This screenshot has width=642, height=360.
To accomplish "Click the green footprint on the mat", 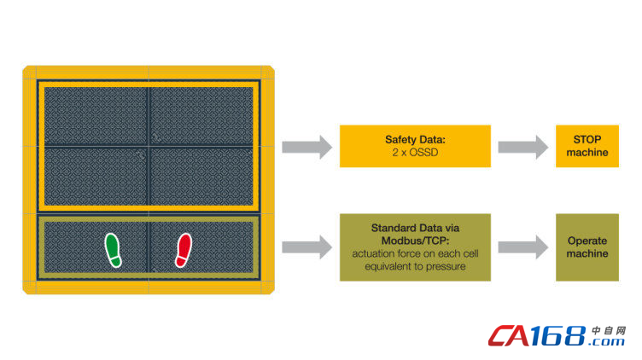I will (113, 249).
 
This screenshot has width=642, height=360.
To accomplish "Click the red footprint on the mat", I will (184, 250).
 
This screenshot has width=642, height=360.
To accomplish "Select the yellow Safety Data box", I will (415, 146).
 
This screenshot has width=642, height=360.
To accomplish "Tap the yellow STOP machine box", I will (587, 146).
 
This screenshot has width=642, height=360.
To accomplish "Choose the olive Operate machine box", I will (587, 247).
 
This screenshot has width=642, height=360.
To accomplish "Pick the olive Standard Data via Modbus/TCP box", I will (415, 247).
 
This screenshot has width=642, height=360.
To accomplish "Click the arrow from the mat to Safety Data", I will (306, 146).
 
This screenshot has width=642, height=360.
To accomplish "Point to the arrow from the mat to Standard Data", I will (306, 247).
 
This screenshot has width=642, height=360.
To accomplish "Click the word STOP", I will (587, 139).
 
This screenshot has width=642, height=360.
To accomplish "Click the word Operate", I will (587, 241).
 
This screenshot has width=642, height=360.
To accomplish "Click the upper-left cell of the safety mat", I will (95, 115).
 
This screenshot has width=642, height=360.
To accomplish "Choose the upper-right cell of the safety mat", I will (201, 115).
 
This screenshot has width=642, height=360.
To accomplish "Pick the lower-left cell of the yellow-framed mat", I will (95, 177).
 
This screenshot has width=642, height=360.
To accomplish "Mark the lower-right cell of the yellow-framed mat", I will (201, 177).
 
